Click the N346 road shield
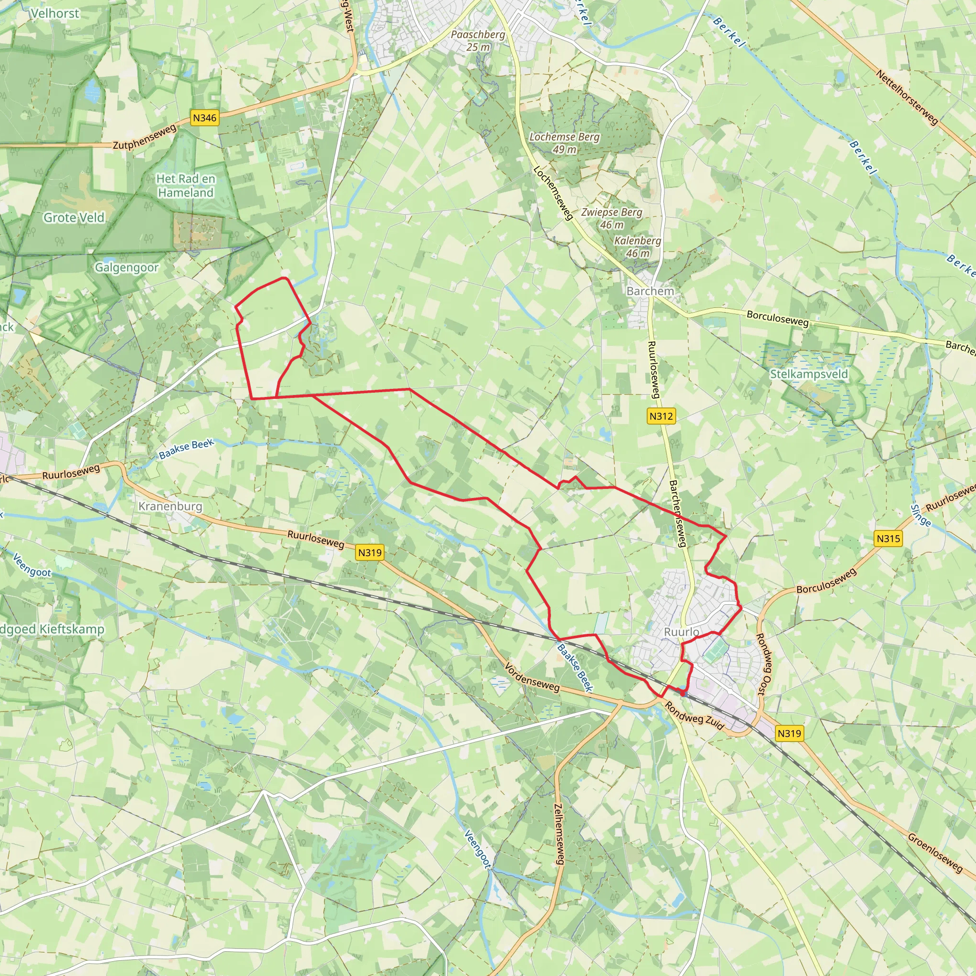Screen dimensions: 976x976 point(204,118)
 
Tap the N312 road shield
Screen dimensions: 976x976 point(661,416)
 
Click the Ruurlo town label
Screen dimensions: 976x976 point(681,632)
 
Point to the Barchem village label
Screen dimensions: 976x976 point(650,291)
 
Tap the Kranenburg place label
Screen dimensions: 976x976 point(170,506)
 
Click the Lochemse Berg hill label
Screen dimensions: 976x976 point(564,143)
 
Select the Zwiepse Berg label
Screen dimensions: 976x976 point(611,218)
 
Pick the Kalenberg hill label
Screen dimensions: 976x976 point(638,246)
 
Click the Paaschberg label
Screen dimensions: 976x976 point(478,41)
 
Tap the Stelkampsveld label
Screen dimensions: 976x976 point(809,374)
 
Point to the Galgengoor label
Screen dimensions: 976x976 point(127,267)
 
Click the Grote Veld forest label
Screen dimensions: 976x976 point(74,218)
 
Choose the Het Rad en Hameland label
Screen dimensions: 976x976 point(185,185)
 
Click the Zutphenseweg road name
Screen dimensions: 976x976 point(145,137)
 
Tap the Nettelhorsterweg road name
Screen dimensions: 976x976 point(907,98)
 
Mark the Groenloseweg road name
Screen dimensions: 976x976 point(935,852)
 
